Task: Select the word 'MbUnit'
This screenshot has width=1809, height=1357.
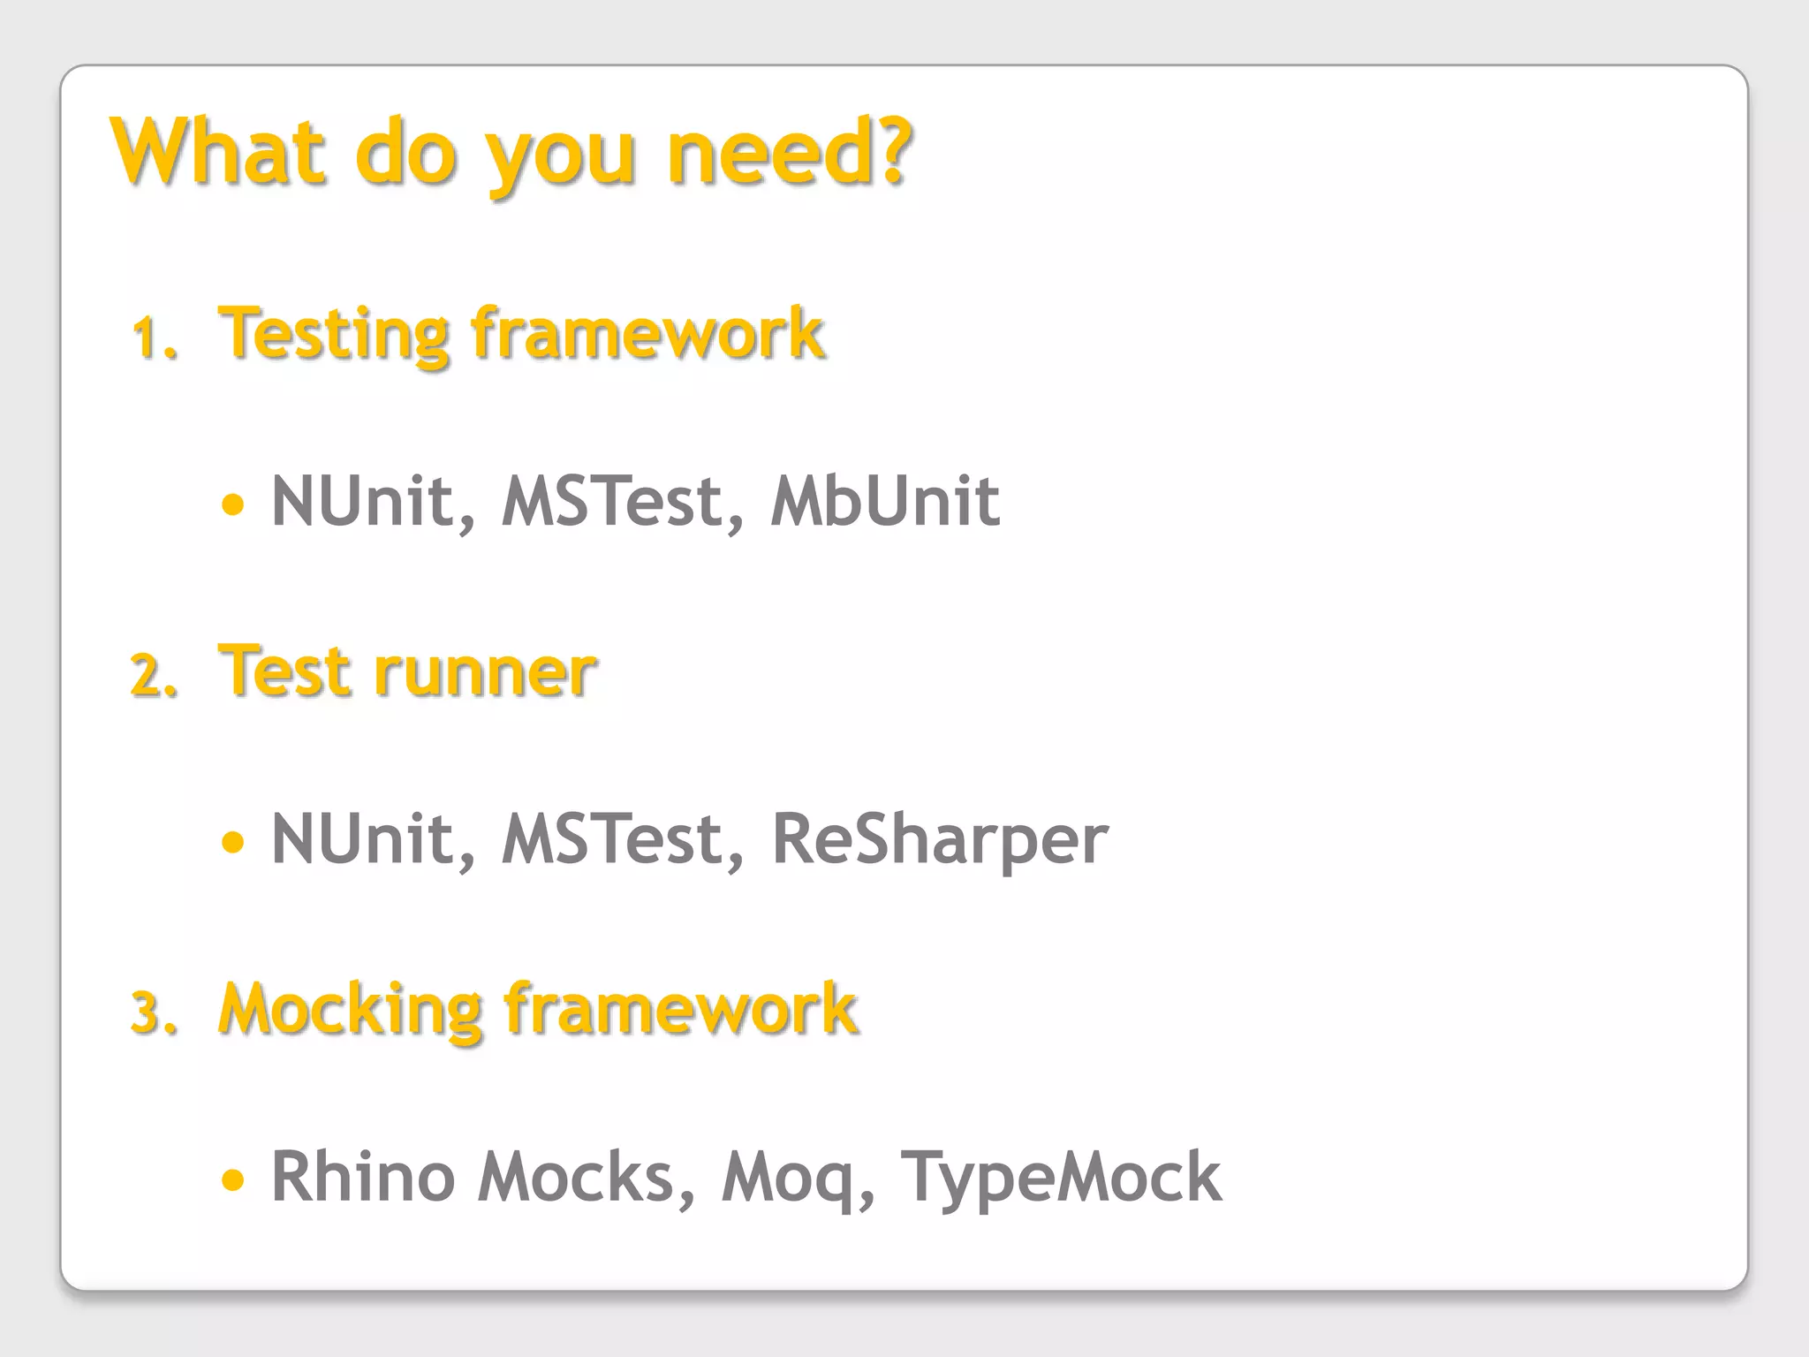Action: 885,502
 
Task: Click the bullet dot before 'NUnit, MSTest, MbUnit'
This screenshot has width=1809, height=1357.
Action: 233,504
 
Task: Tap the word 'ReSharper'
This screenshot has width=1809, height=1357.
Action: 940,839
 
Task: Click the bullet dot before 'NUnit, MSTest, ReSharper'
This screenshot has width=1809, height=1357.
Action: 233,841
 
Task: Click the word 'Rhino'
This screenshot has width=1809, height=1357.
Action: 362,1177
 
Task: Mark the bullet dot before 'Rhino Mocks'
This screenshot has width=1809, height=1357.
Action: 233,1179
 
